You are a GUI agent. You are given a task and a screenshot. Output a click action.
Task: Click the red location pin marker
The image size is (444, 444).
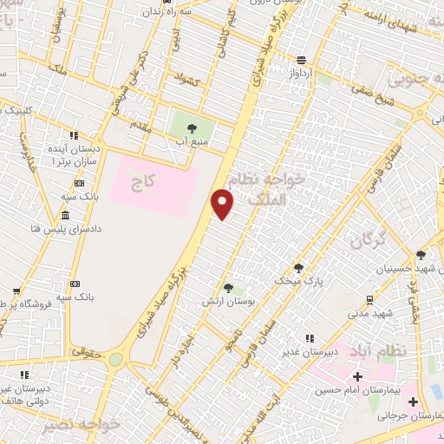[x=223, y=205]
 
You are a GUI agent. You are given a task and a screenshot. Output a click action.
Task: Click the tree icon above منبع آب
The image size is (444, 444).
[x=191, y=128]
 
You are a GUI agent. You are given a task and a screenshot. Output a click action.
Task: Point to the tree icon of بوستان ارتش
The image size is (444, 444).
[x=228, y=287]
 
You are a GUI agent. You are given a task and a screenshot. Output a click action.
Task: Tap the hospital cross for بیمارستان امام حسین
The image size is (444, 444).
[x=357, y=375]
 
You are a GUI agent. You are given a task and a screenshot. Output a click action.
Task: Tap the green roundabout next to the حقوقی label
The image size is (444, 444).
[x=115, y=358]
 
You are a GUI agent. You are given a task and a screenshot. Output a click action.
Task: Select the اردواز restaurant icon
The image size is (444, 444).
[x=301, y=59]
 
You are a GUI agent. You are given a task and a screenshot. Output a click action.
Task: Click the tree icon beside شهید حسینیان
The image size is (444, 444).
[x=421, y=254]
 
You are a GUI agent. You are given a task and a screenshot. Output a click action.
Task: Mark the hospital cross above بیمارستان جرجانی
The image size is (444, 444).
[x=413, y=402]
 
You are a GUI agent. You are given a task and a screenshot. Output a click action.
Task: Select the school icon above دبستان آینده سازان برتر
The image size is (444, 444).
[x=74, y=135]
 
